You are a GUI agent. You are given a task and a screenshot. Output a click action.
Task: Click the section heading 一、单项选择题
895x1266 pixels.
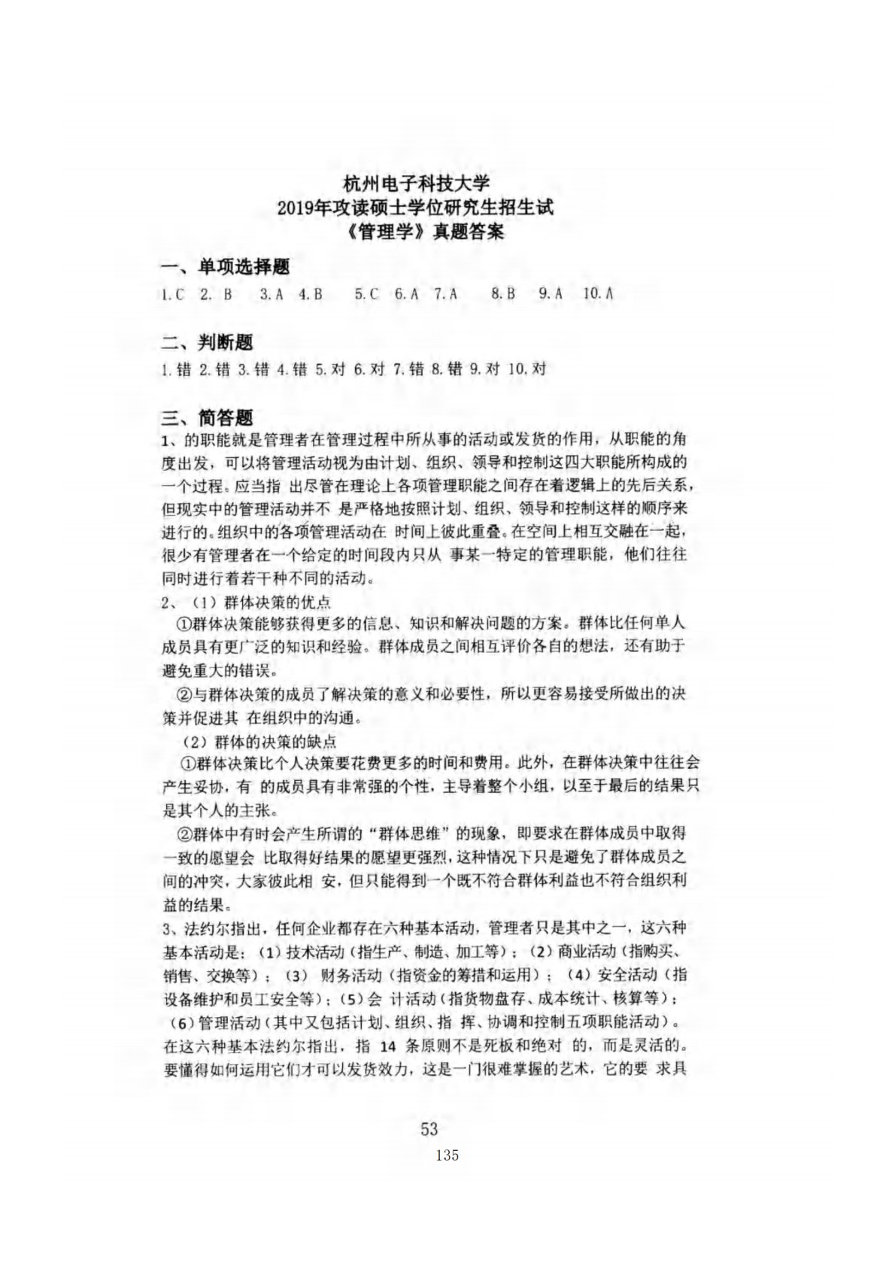pyautogui.click(x=226, y=267)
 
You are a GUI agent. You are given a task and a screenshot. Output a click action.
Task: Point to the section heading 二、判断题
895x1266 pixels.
pyautogui.click(x=207, y=343)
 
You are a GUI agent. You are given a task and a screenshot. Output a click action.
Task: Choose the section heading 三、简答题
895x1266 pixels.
pyautogui.click(x=207, y=417)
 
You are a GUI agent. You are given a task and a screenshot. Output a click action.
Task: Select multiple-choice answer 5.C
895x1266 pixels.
pyautogui.click(x=366, y=296)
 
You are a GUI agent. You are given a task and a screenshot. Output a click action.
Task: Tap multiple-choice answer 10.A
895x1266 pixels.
pyautogui.click(x=598, y=296)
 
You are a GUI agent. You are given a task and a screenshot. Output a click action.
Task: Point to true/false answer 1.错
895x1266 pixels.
pyautogui.click(x=176, y=369)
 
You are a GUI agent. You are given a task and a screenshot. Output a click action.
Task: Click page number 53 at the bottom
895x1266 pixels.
pyautogui.click(x=429, y=1129)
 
